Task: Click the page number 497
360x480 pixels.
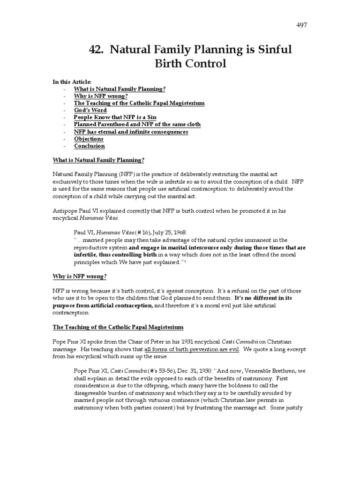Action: tap(301, 25)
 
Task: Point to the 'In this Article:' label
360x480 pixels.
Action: tap(72, 82)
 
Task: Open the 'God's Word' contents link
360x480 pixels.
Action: tap(90, 110)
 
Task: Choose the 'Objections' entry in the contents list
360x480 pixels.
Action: tap(89, 139)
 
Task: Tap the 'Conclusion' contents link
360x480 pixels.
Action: tap(89, 146)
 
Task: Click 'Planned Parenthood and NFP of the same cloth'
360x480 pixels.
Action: tap(137, 124)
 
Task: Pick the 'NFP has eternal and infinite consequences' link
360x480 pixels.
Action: tap(131, 132)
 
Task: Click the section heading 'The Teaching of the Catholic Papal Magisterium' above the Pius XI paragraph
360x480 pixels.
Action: tap(118, 327)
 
